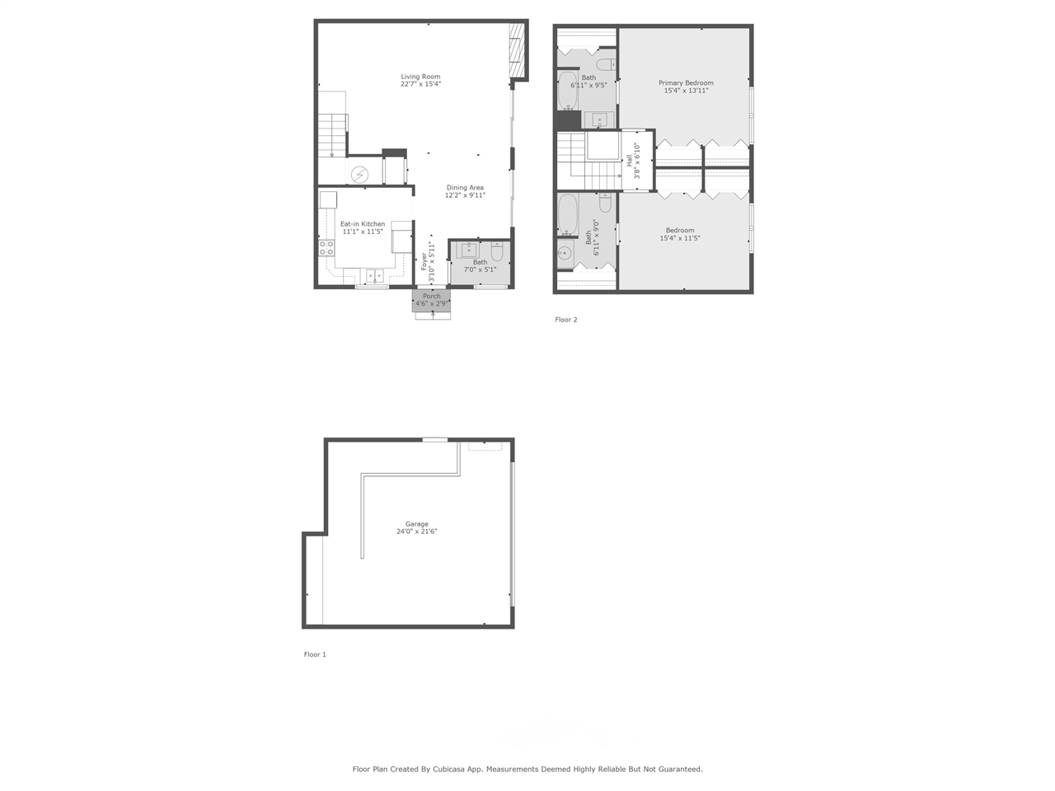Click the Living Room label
(420, 77)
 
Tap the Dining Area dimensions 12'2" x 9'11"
(465, 195)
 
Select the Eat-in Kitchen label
(363, 224)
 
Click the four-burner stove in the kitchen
(327, 248)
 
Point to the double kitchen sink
(376, 275)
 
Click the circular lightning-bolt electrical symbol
(360, 175)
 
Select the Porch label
(431, 297)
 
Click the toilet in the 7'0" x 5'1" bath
(497, 251)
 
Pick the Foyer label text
(424, 261)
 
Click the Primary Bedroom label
(686, 83)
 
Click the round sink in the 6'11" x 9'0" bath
(565, 253)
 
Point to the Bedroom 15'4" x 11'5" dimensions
(680, 239)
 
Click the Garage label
(416, 524)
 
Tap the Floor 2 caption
(566, 320)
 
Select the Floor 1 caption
(315, 655)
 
